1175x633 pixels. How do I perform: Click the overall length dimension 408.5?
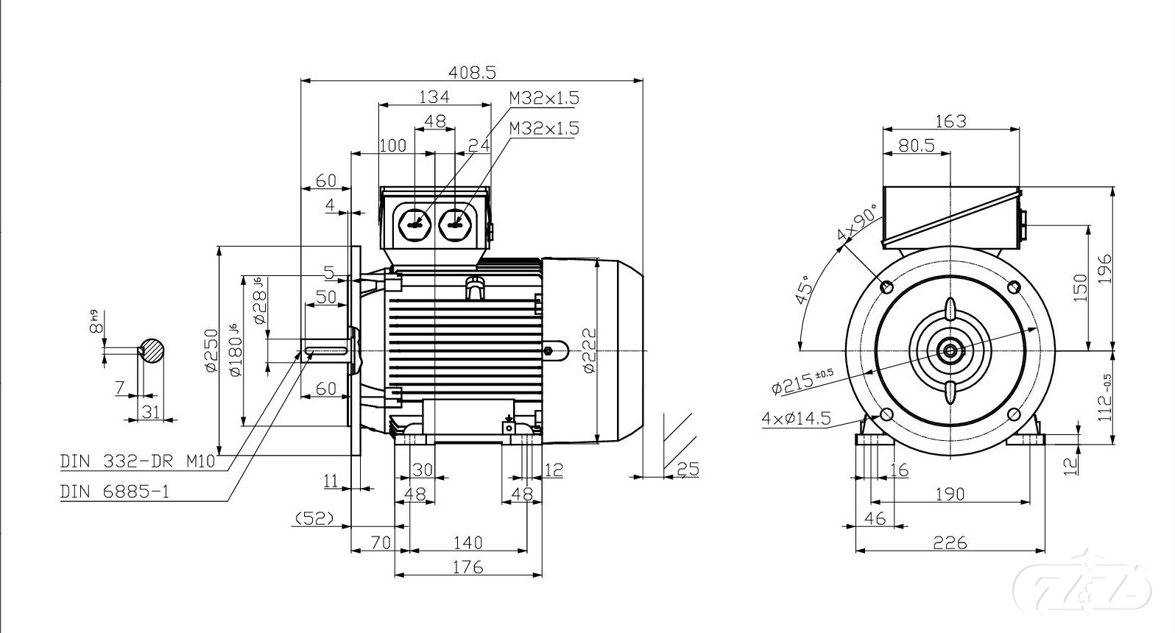tap(473, 72)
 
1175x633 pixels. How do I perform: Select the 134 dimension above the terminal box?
tap(434, 96)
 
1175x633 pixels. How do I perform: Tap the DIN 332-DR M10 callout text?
tap(138, 462)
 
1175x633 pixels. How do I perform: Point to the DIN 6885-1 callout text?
tap(115, 491)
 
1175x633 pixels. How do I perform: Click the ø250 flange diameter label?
tap(211, 350)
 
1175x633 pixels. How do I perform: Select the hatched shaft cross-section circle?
tap(152, 350)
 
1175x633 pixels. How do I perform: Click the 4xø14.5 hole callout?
tap(796, 419)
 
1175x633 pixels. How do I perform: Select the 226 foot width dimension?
tap(950, 543)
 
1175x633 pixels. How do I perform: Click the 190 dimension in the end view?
tap(950, 494)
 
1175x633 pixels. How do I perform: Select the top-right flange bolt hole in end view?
tap(1014, 286)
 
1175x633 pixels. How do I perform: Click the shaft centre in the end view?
tap(950, 350)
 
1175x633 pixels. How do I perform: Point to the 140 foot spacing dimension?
tap(467, 543)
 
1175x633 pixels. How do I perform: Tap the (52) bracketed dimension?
tap(314, 519)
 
